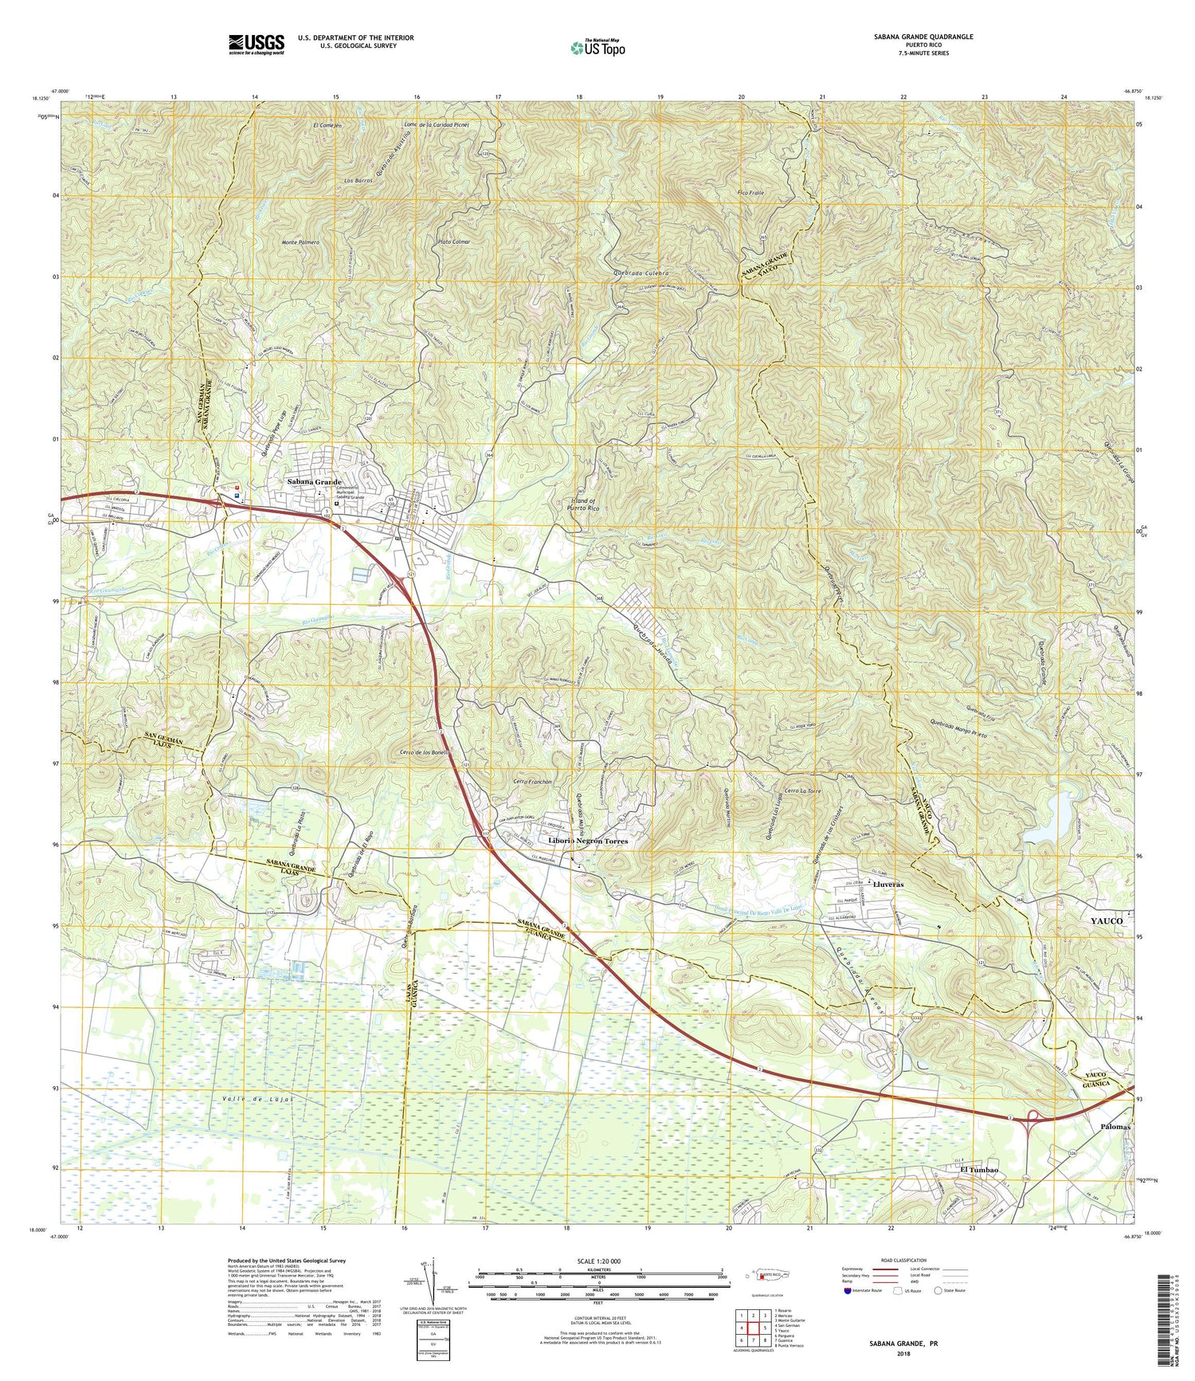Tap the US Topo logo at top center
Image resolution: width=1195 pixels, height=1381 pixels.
(x=597, y=47)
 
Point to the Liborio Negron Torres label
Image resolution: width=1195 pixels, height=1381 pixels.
(x=588, y=841)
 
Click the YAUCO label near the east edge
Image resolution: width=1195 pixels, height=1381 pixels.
(x=1106, y=920)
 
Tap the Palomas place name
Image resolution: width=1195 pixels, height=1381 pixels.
(x=1111, y=1127)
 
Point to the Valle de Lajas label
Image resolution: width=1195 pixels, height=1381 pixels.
(x=253, y=1099)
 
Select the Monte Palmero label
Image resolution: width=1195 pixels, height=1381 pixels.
(x=300, y=241)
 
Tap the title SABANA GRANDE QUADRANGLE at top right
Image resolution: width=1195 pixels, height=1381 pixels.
(x=932, y=37)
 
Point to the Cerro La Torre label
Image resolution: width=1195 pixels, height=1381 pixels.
(x=802, y=791)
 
